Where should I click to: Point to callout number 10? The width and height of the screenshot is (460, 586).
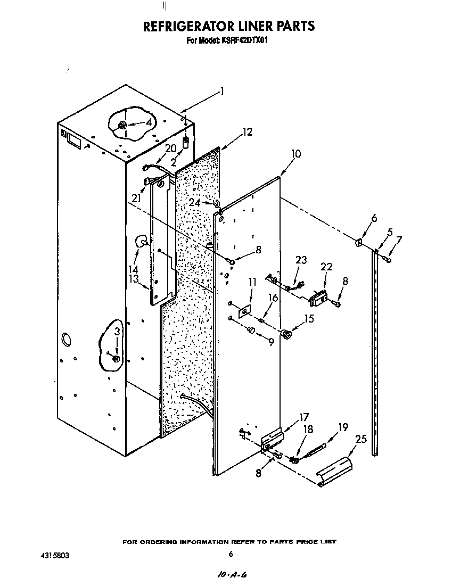(x=295, y=154)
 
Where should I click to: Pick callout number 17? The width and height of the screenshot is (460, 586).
(x=303, y=417)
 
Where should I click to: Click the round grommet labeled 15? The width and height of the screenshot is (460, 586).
(x=287, y=335)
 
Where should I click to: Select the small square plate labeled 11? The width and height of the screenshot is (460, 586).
(x=244, y=311)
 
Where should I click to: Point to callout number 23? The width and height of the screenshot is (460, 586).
(x=302, y=260)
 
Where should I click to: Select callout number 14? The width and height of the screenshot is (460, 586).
(x=134, y=269)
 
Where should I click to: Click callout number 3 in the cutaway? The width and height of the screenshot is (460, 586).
(x=117, y=332)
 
